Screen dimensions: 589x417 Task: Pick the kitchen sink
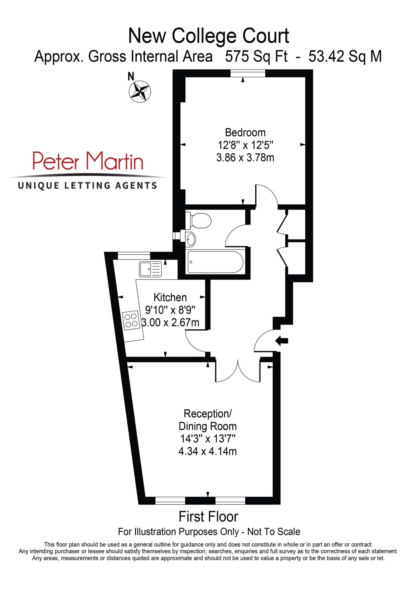[x=151, y=269]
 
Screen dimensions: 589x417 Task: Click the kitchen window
[x=134, y=256]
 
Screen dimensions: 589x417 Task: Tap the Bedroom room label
[x=245, y=133]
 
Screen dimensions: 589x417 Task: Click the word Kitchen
[x=170, y=298]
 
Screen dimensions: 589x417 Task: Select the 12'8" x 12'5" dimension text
[x=245, y=145]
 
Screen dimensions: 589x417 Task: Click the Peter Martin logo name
[x=88, y=161]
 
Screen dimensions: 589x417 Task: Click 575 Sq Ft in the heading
[x=256, y=56]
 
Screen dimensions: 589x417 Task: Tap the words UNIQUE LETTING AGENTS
[x=87, y=185]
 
